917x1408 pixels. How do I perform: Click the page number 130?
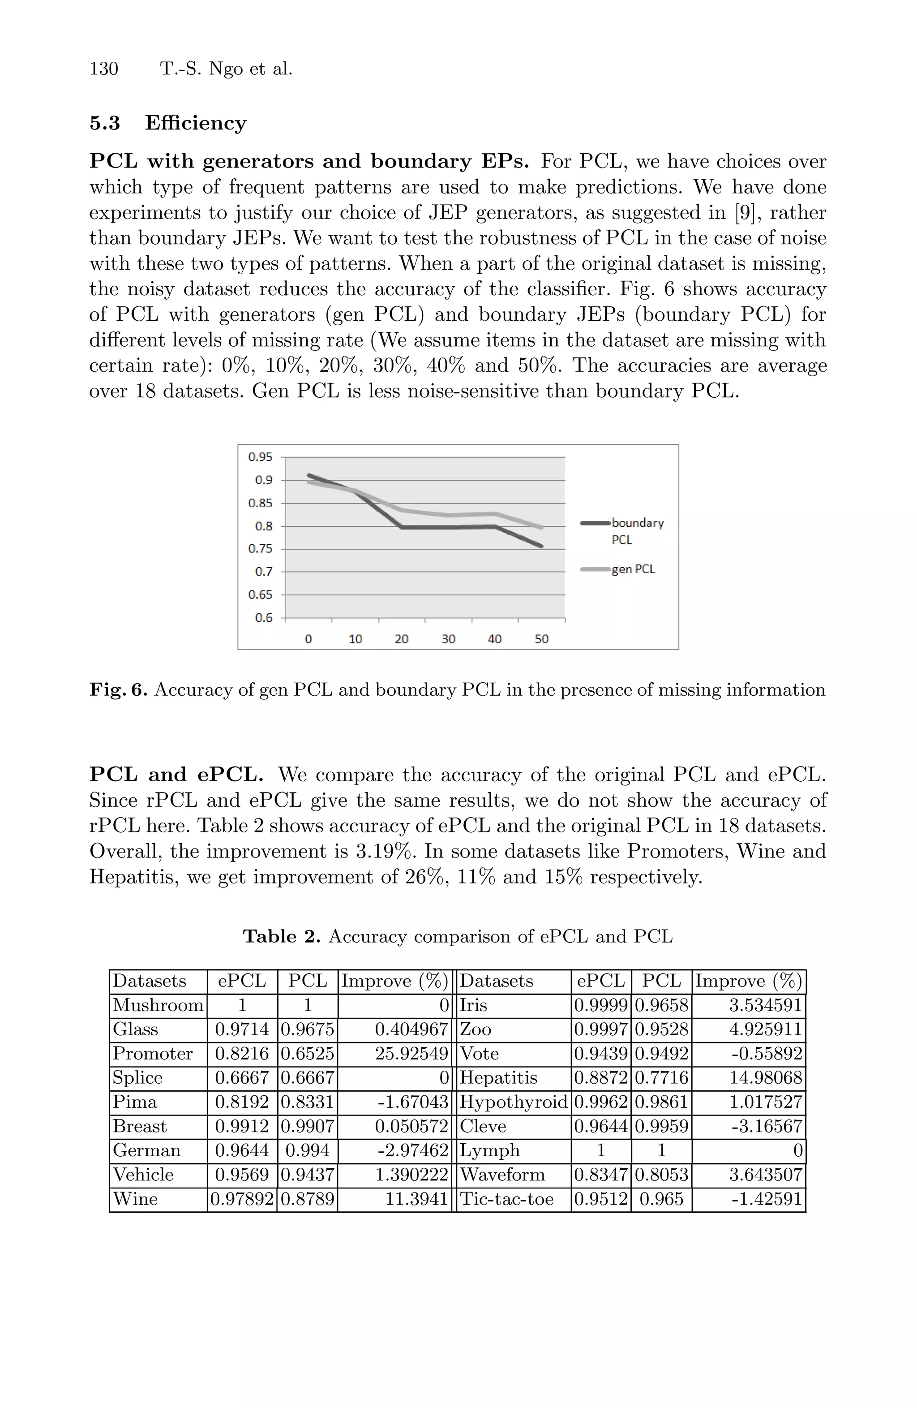[103, 69]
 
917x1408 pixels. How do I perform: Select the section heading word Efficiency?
[195, 123]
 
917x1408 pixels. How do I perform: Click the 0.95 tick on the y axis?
[260, 456]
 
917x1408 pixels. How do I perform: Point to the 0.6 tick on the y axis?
[264, 618]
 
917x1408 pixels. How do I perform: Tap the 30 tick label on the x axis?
[448, 639]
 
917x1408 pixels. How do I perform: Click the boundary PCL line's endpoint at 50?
[541, 546]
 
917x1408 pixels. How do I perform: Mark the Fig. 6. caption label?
[118, 690]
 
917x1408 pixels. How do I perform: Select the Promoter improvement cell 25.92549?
[411, 1054]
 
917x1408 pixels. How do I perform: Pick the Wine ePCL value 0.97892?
[242, 1199]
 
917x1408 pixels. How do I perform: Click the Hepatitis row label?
[498, 1078]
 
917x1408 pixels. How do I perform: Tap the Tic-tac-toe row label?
[506, 1199]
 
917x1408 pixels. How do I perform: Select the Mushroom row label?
[158, 1005]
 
